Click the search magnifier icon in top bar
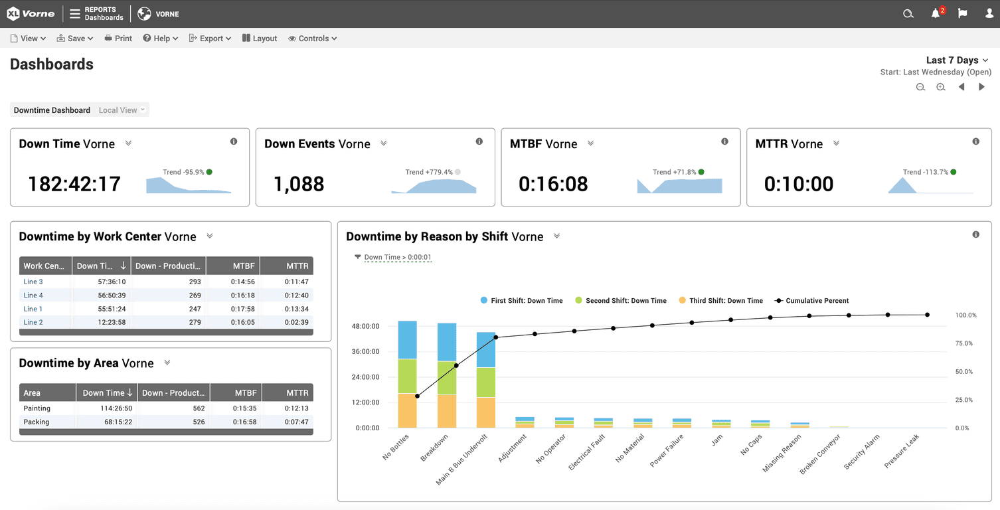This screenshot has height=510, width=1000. point(908,14)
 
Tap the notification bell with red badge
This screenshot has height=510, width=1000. point(936,14)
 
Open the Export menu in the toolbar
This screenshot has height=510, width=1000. point(210,39)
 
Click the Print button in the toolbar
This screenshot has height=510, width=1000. point(118,39)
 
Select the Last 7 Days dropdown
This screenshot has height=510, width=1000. point(957,60)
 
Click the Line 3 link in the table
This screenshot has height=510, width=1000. point(33,282)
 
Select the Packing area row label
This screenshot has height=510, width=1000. point(37,422)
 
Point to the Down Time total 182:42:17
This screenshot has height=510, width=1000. point(74,184)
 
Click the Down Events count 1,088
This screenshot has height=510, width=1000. point(299,184)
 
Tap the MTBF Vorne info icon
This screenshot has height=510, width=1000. point(724,141)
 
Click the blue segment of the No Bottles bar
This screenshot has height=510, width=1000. point(407,339)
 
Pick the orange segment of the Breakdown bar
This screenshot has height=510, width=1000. point(446,411)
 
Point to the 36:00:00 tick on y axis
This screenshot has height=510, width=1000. point(365,352)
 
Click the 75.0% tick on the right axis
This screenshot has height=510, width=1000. point(964,343)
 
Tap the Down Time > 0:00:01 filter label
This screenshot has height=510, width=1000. point(398,257)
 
